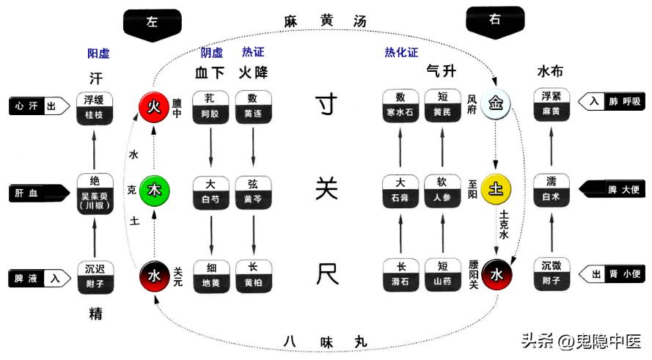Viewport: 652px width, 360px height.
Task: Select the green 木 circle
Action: [x=154, y=190]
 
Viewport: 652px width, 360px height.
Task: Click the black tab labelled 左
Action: [x=152, y=23]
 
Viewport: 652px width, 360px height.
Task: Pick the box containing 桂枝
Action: [x=95, y=108]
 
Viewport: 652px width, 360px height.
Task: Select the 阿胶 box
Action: [x=210, y=106]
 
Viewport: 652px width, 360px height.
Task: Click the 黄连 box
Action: [x=254, y=106]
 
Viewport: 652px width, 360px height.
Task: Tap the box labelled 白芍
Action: [x=210, y=191]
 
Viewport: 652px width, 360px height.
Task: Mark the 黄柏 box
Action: [x=254, y=276]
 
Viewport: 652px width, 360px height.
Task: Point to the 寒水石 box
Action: [x=400, y=106]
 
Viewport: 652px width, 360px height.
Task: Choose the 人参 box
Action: [x=442, y=191]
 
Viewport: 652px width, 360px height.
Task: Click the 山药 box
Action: [x=442, y=276]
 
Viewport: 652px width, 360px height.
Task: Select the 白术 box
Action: [x=552, y=191]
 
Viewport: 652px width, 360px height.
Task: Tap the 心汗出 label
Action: [x=37, y=106]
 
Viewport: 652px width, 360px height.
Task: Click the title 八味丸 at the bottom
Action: [x=325, y=342]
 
